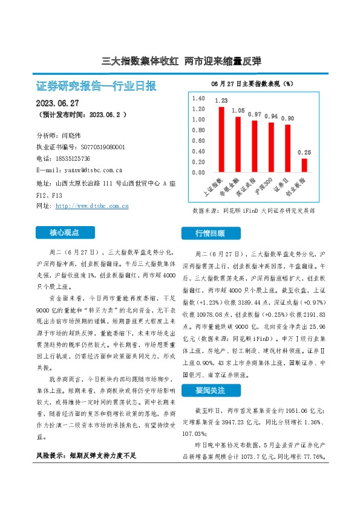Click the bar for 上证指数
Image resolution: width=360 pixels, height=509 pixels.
pyautogui.click(x=221, y=140)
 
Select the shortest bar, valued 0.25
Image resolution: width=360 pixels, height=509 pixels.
pyautogui.click(x=304, y=165)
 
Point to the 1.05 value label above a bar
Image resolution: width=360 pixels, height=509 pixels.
pyautogui.click(x=238, y=111)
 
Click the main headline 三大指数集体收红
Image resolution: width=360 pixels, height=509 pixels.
pyautogui.click(x=140, y=61)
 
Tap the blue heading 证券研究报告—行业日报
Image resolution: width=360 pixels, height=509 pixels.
pyautogui.click(x=96, y=86)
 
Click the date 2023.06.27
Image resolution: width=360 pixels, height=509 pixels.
pyautogui.click(x=59, y=103)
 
